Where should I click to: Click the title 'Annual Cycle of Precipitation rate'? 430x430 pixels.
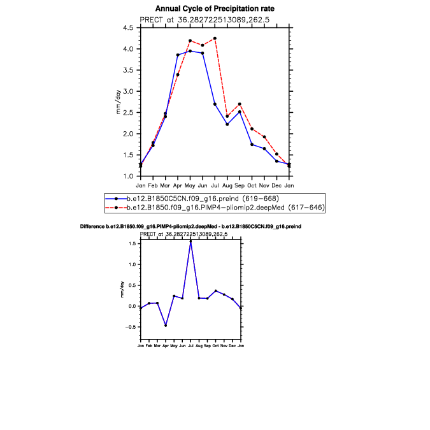214,8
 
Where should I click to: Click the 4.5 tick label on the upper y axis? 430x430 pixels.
127,28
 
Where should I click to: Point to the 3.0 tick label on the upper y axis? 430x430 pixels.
127,91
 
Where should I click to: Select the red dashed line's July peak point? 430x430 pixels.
215,38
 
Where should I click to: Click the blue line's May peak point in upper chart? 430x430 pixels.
190,51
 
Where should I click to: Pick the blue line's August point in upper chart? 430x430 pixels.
227,124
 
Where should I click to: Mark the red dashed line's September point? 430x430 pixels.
240,104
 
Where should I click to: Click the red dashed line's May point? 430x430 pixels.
190,41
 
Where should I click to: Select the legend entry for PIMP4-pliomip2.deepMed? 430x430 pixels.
185,207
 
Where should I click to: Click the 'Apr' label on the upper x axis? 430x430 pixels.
178,185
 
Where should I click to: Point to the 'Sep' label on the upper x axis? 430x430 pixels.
240,185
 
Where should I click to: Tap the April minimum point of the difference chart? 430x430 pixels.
166,326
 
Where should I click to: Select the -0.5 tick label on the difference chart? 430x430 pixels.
133,327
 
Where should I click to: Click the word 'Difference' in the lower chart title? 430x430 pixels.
93,227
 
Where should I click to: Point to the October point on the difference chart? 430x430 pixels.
215,290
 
